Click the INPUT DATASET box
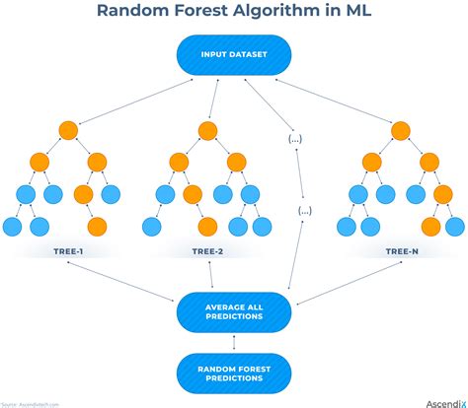pos(234,55)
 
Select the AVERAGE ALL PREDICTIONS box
pos(234,311)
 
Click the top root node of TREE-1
pos(68,130)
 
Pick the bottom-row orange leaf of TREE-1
pos(97,227)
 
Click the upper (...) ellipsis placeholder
pos(294,139)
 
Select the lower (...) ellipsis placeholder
pos(305,211)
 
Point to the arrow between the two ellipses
pos(300,175)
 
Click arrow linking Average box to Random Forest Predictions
pos(234,341)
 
